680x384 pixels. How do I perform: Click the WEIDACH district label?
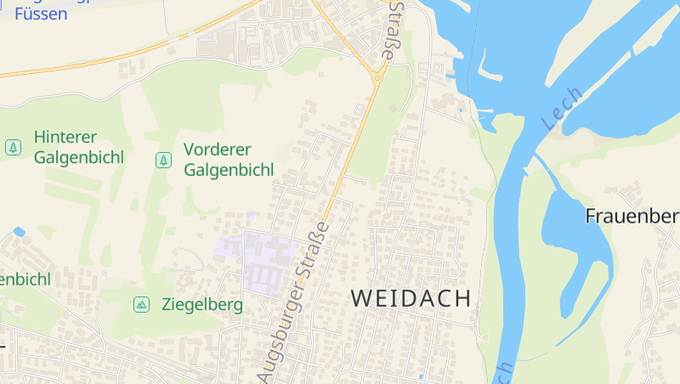click(411, 298)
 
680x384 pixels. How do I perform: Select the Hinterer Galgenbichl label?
click(78, 147)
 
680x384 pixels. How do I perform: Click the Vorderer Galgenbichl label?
click(228, 160)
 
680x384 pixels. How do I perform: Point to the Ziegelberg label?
click(201, 304)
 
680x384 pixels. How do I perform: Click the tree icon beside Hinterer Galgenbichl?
click(13, 147)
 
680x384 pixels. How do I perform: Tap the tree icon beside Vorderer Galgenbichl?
click(162, 160)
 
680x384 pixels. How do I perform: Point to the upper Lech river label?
click(562, 109)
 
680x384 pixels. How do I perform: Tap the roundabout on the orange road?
click(376, 77)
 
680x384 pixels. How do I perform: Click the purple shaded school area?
click(269, 258)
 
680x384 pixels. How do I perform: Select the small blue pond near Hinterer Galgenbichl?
click(19, 231)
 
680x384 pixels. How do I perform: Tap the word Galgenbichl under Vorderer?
click(228, 170)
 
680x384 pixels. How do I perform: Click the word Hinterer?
click(65, 137)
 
